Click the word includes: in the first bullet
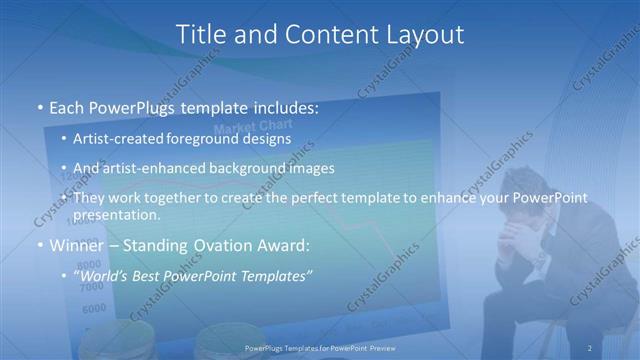coord(280,105)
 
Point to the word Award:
coord(285,245)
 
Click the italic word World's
coord(103,275)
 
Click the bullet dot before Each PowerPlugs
coord(39,106)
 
